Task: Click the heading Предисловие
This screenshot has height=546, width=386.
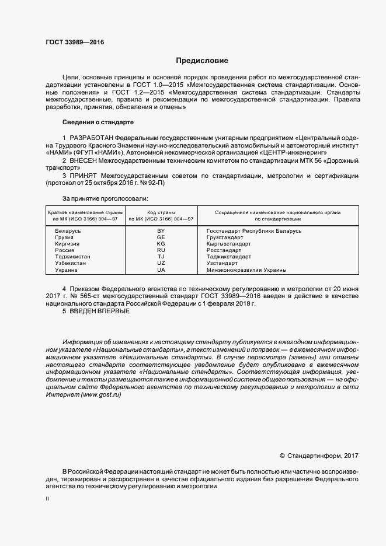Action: pos(201,61)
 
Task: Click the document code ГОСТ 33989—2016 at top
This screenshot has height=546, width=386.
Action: pos(71,42)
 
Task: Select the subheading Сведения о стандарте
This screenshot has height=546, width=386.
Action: pos(98,123)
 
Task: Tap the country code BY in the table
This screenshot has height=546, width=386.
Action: pos(161,232)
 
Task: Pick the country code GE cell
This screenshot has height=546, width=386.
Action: pos(161,238)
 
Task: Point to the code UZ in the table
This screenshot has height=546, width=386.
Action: pos(161,264)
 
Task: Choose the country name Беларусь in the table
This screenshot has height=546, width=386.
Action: pos(68,232)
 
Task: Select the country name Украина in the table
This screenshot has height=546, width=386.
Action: pos(66,270)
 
